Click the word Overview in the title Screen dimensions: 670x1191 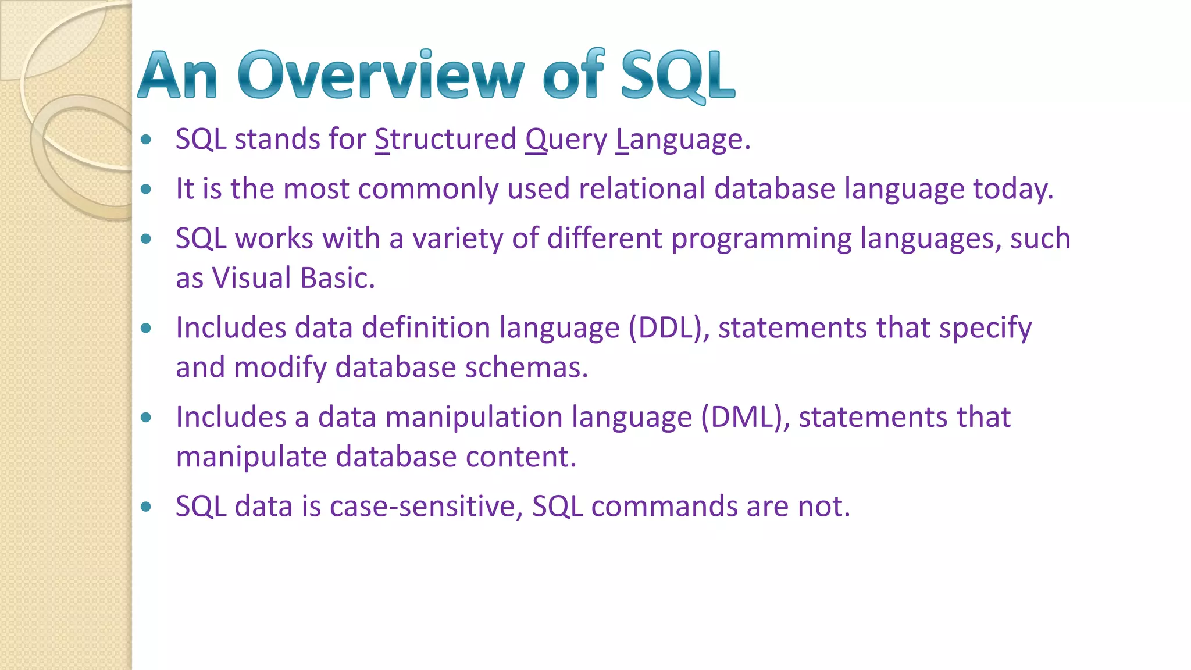[x=381, y=76]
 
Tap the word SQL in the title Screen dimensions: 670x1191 [x=677, y=76]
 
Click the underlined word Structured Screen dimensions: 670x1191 [x=445, y=140]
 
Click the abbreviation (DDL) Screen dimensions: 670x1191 [x=668, y=328]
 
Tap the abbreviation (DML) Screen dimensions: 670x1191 [x=744, y=418]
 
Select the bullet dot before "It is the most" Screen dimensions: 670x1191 [x=146, y=189]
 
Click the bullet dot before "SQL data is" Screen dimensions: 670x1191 [x=146, y=507]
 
